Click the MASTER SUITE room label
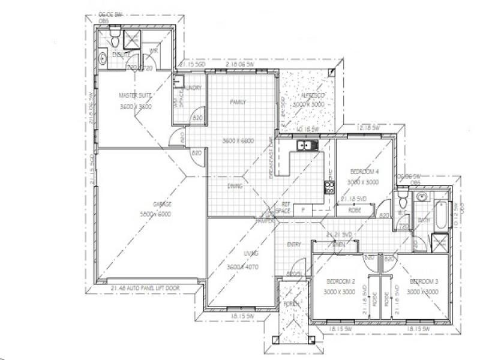point(135,95)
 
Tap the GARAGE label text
point(163,205)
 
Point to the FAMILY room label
point(238,103)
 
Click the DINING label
point(235,186)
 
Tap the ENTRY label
point(294,244)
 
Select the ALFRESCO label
point(308,96)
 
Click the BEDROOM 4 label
point(363,171)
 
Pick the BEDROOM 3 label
point(425,281)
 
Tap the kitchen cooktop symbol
point(329,187)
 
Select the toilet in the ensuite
point(114,40)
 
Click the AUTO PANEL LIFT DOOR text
point(156,289)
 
